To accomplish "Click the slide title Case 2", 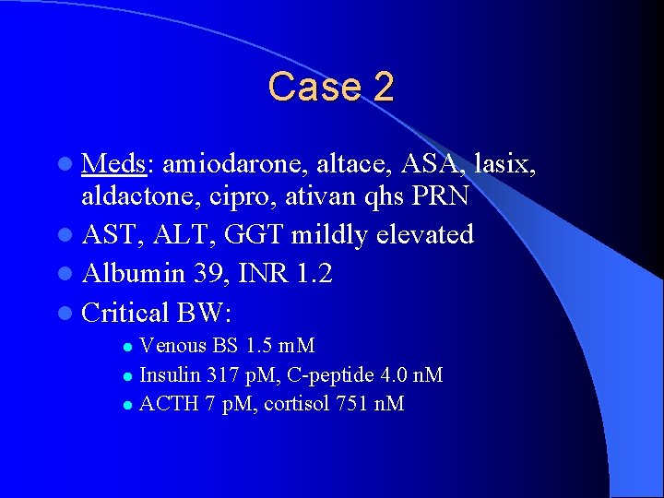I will (331, 87).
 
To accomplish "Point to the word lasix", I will (504, 163).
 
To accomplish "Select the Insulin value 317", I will (218, 375).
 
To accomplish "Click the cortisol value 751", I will (346, 404).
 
